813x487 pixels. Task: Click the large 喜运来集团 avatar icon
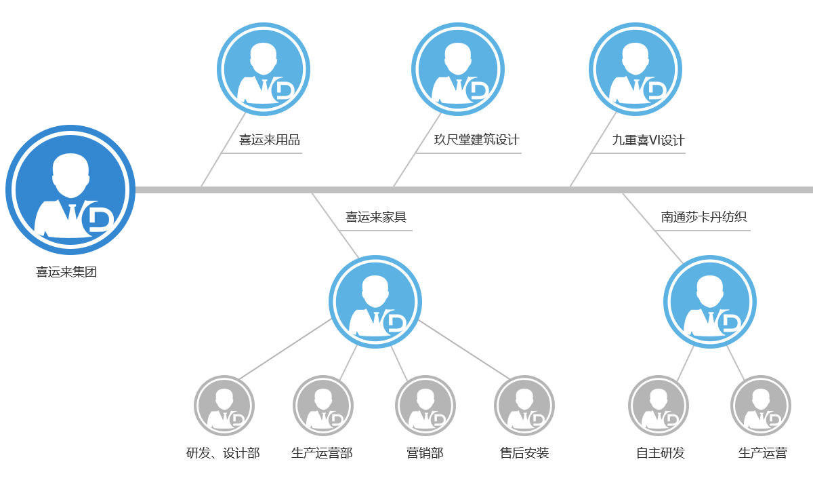pos(71,183)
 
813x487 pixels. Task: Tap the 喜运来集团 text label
pos(66,272)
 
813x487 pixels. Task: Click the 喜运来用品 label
pos(269,140)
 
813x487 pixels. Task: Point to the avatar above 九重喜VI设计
pos(635,69)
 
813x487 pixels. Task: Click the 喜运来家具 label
pos(376,217)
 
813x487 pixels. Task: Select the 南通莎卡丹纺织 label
pos(704,217)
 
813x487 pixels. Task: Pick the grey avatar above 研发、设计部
pos(224,406)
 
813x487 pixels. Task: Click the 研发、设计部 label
pos(223,453)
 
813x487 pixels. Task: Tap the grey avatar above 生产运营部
pos(322,406)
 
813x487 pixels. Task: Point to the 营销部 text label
pos(425,453)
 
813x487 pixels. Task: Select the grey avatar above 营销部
pos(425,406)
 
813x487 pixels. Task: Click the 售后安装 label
pos(524,453)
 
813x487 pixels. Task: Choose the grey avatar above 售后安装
pos(524,406)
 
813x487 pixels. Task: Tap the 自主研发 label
pos(661,453)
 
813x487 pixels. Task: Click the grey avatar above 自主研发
pos(658,406)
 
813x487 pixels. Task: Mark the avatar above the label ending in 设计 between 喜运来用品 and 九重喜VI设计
pos(458,69)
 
